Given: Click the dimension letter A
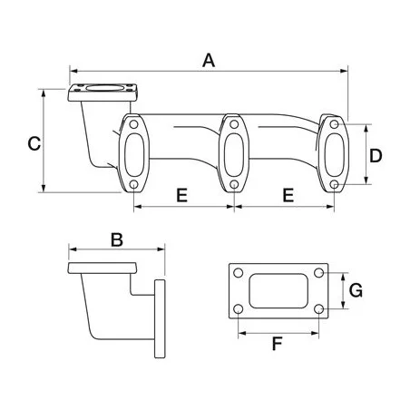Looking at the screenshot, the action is click(209, 61).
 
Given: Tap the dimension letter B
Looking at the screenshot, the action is click(117, 239).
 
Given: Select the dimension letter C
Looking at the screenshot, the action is click(34, 143).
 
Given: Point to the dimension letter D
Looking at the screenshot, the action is click(376, 156).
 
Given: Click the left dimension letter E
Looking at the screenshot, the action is click(181, 195).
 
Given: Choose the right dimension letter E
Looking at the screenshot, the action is click(288, 195).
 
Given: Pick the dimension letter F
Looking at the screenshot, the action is click(277, 344).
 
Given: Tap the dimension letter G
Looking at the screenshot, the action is click(356, 290).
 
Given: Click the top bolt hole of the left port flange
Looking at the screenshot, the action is click(133, 124).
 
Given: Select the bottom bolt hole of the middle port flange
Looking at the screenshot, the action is click(234, 184).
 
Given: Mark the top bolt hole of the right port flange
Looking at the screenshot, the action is click(334, 124).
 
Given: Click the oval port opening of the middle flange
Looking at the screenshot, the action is click(234, 154).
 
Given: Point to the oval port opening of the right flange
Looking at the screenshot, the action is click(335, 154).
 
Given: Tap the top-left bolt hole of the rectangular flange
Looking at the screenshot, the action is click(239, 273).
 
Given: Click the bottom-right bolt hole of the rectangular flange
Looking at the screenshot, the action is click(318, 309).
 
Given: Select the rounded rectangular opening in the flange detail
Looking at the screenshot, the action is click(278, 291).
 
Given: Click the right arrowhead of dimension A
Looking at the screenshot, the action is click(344, 71).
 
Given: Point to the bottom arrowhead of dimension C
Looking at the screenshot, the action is click(44, 188).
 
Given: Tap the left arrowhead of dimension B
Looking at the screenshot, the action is click(73, 249).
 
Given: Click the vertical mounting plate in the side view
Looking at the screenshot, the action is click(160, 319).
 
